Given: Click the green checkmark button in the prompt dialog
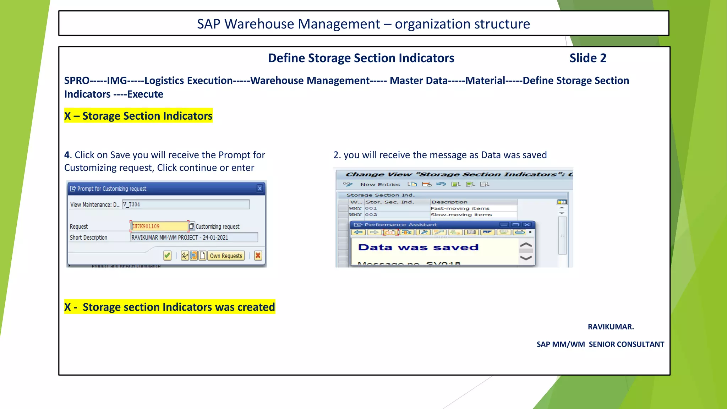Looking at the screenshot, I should click(x=167, y=256).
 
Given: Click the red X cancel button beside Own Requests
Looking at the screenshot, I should click(x=258, y=256).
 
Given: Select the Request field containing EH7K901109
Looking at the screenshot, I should click(x=159, y=226).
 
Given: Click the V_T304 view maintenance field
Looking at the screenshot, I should click(x=186, y=204).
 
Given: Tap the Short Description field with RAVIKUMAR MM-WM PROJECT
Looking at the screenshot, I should click(x=194, y=238).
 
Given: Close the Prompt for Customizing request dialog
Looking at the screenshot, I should click(x=260, y=189).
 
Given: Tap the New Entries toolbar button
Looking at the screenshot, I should click(x=380, y=184).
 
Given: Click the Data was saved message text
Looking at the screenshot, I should click(x=418, y=247).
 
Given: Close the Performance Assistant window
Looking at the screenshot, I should click(x=527, y=225).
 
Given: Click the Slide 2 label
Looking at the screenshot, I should click(x=588, y=58).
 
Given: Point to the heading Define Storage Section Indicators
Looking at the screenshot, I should click(x=361, y=58).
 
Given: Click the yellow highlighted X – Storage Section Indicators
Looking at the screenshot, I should click(x=138, y=116).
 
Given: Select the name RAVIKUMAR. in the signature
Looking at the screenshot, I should click(x=611, y=327).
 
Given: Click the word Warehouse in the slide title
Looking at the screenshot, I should click(x=302, y=24).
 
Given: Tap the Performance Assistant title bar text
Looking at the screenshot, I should click(x=401, y=225).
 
